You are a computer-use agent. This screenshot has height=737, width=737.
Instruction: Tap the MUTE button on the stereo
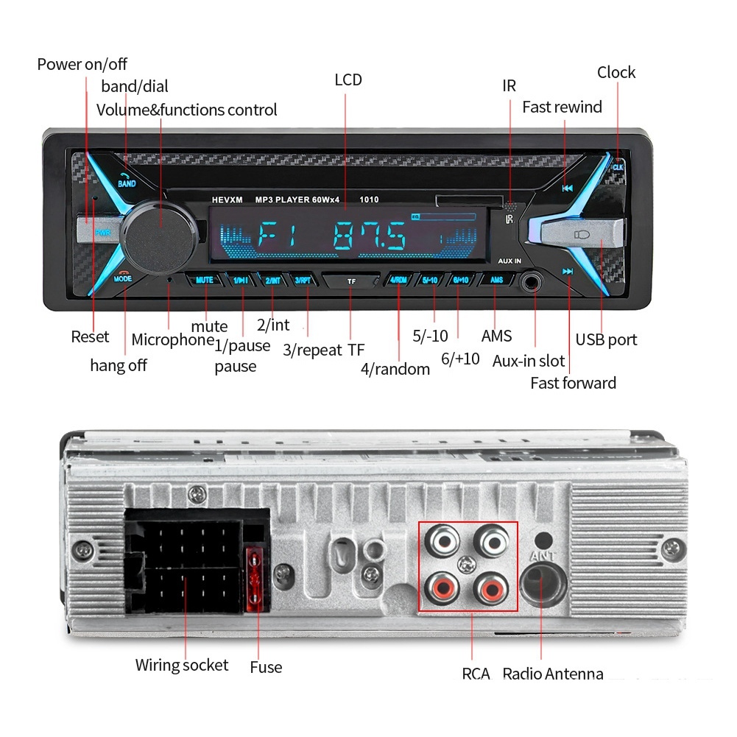pyautogui.click(x=204, y=281)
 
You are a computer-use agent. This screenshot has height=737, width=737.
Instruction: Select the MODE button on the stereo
pyautogui.click(x=123, y=278)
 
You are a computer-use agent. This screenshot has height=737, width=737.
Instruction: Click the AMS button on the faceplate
pyautogui.click(x=497, y=280)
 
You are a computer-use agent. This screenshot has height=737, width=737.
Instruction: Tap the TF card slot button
pyautogui.click(x=351, y=281)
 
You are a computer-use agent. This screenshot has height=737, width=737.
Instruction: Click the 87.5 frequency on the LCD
pyautogui.click(x=369, y=237)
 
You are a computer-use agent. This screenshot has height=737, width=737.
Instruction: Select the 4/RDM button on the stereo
pyautogui.click(x=398, y=281)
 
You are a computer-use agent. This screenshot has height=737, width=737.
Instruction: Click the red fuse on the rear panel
pyautogui.click(x=257, y=579)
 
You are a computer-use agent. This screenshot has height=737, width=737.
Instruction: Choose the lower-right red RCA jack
pyautogui.click(x=490, y=587)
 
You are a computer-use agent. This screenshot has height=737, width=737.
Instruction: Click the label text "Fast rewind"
pyautogui.click(x=562, y=107)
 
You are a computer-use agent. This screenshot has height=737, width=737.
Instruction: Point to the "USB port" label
pyautogui.click(x=606, y=340)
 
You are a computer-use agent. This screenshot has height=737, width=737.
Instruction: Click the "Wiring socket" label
pyautogui.click(x=182, y=666)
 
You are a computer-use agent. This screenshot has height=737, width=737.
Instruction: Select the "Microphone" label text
pyautogui.click(x=172, y=340)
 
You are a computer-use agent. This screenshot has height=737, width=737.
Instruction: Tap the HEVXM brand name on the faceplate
pyautogui.click(x=227, y=200)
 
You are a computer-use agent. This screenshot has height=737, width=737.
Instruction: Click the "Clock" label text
pyautogui.click(x=616, y=73)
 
